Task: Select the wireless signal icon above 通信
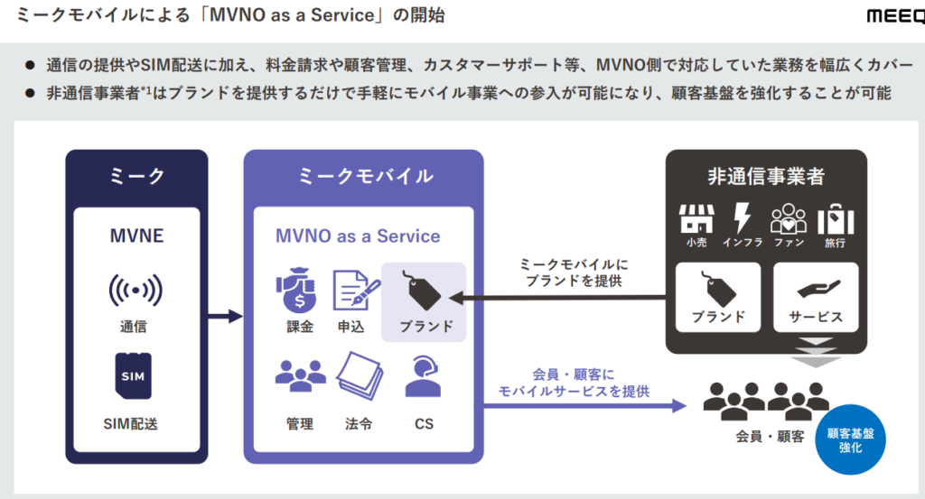[x=135, y=290]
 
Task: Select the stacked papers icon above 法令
[x=359, y=377]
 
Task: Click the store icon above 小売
[x=696, y=217]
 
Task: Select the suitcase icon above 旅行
[x=836, y=218]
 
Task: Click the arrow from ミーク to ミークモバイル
[x=225, y=316]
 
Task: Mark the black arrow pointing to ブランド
[x=560, y=298]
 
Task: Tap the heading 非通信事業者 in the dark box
[x=766, y=176]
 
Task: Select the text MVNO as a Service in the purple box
[x=358, y=236]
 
